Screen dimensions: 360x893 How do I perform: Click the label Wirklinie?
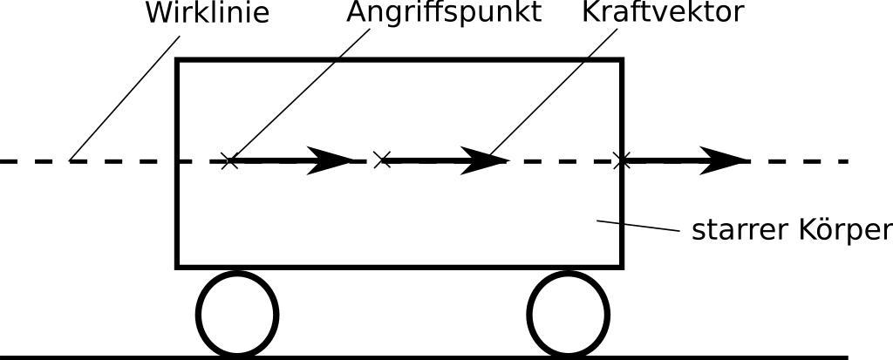(206, 13)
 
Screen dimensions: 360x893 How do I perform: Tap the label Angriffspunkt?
(443, 13)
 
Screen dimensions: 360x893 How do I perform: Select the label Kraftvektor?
(664, 13)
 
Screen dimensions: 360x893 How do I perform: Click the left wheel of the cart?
(237, 314)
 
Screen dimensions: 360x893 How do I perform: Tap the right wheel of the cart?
(569, 314)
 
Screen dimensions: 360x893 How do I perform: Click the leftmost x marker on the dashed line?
(228, 160)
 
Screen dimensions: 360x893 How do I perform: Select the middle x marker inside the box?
(381, 160)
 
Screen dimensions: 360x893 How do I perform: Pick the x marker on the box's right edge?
(621, 160)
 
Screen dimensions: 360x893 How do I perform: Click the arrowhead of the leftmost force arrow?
(331, 160)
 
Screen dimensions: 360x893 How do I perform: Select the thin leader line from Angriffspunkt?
(297, 96)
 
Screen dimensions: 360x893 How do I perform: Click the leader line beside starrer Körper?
(637, 226)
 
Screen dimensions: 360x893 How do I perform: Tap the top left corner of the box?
(179, 61)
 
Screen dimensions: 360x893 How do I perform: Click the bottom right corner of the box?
(621, 265)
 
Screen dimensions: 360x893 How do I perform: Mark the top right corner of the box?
(621, 61)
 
